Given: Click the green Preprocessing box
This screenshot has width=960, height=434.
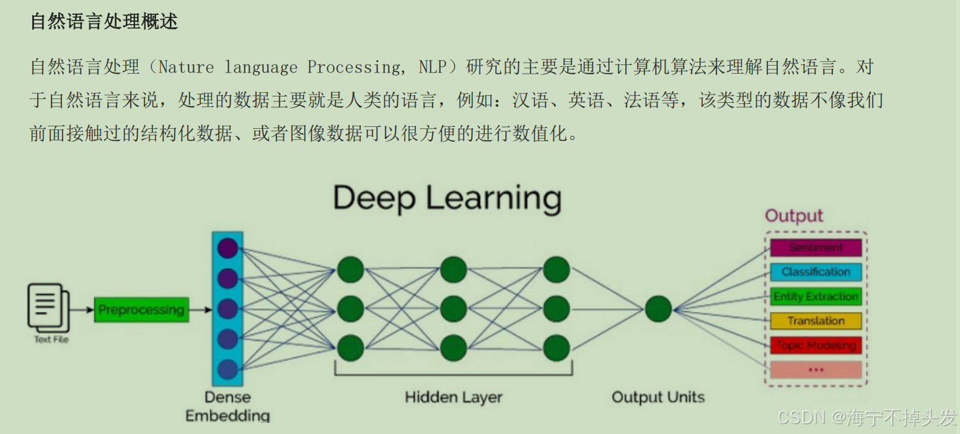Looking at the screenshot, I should (141, 310).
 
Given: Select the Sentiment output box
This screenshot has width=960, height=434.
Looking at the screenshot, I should (816, 248).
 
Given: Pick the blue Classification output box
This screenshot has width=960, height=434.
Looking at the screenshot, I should (816, 272).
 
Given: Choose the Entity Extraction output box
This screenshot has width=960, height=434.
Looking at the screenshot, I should (816, 297).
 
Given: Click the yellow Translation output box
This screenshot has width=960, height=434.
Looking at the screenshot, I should (816, 321).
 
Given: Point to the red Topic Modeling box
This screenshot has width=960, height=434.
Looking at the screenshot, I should (816, 345).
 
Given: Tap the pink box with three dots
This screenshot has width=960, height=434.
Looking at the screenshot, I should (816, 370).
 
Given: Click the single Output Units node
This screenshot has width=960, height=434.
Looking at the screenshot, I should (658, 308).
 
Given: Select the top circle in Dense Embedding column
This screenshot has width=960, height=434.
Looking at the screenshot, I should (228, 249).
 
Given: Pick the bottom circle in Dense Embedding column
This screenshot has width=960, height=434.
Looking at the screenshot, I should (228, 369).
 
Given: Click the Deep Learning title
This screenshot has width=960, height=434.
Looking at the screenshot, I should (447, 198).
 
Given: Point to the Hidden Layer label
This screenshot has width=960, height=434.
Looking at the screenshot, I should (453, 397).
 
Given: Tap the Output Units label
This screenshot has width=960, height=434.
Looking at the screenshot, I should (658, 397).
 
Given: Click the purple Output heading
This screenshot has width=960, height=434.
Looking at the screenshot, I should (794, 216).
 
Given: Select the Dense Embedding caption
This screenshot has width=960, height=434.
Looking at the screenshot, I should (228, 406).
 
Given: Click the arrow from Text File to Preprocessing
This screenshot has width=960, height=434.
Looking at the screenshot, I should (80, 310).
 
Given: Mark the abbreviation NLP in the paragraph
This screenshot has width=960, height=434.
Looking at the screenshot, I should (432, 67).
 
